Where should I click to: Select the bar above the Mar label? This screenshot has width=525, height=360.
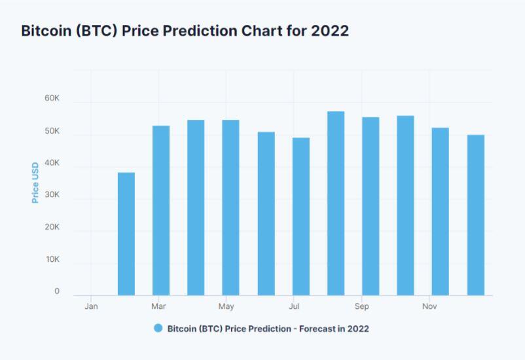161,210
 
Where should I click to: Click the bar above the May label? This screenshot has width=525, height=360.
230,207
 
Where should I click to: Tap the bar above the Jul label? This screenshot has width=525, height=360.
300,216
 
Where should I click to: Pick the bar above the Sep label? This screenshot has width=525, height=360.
371,206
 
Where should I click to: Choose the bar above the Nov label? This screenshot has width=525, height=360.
440,211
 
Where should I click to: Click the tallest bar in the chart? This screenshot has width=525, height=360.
336,204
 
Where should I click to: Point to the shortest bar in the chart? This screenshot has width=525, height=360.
126,234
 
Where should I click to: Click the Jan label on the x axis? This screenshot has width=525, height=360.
92,306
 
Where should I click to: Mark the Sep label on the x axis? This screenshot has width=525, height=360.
361,306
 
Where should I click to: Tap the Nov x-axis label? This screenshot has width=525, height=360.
429,306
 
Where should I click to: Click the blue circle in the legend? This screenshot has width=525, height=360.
158,328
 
